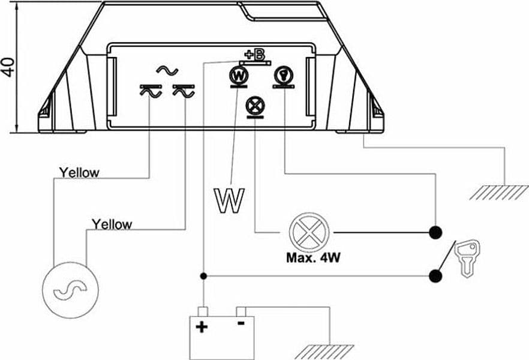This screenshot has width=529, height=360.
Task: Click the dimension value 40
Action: click(x=8, y=67)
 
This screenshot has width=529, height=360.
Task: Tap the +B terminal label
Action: click(x=255, y=55)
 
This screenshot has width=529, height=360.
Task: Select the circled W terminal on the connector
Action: click(x=239, y=76)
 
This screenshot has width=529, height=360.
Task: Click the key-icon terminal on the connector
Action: click(x=283, y=75)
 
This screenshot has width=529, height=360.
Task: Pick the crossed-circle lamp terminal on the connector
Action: click(x=256, y=106)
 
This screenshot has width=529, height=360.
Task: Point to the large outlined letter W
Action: click(x=229, y=201)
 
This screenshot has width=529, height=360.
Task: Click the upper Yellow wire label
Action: click(x=79, y=173)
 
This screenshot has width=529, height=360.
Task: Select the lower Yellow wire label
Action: click(x=112, y=224)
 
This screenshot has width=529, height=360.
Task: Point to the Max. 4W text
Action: click(x=314, y=258)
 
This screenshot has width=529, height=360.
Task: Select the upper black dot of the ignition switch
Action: click(x=435, y=232)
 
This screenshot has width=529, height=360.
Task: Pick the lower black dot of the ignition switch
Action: click(x=435, y=276)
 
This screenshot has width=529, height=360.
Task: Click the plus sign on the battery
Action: click(x=202, y=327)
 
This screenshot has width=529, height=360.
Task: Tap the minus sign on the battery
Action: click(x=241, y=323)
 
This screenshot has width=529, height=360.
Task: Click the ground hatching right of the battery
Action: click(x=324, y=352)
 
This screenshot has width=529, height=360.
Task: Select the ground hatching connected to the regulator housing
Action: click(x=499, y=193)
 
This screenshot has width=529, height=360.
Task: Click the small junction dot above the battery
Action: click(x=203, y=276)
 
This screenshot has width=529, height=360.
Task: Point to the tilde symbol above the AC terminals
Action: click(x=167, y=71)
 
